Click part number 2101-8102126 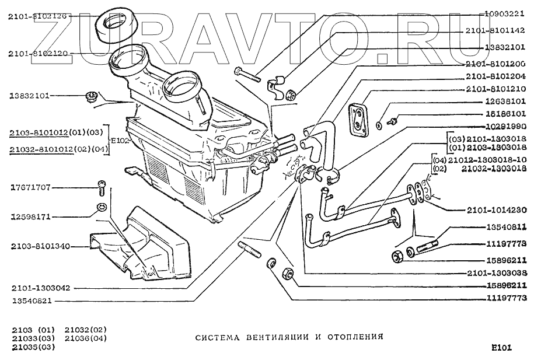click(37, 17)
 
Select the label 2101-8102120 click(37, 53)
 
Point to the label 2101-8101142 click(496, 30)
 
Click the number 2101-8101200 click(496, 63)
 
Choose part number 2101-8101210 click(496, 89)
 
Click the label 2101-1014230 click(496, 209)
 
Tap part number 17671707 click(30, 187)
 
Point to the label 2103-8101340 click(40, 246)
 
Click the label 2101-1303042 click(40, 288)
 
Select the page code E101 click(501, 348)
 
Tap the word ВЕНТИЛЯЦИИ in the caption click(253, 337)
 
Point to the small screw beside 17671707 click(100, 188)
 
